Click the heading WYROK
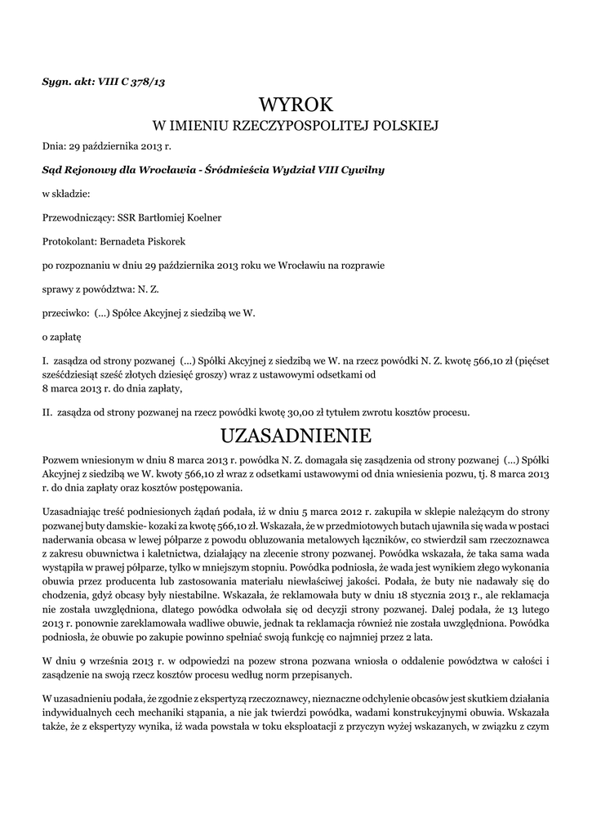(296, 104)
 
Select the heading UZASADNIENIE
(296, 433)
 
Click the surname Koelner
(201, 218)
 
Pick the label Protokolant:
(69, 242)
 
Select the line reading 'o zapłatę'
(61, 336)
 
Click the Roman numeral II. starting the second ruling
(47, 411)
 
